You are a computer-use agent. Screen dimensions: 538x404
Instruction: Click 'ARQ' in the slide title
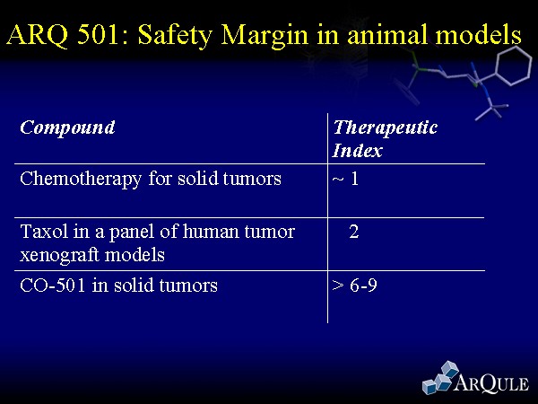point(37,35)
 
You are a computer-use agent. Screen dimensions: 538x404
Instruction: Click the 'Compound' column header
point(67,128)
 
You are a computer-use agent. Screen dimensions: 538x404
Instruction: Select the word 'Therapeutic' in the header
point(385,128)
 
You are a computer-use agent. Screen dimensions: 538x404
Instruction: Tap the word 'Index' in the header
point(357,151)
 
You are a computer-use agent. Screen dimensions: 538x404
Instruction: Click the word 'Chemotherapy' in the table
point(81,180)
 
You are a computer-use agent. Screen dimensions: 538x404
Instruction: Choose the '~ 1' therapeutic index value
point(345,179)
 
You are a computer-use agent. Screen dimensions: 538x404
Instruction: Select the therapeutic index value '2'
point(354,232)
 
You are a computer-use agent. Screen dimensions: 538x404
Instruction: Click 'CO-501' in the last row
point(53,285)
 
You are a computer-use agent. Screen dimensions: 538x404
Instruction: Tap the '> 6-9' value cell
point(354,285)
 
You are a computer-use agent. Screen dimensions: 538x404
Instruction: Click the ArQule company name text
point(491,382)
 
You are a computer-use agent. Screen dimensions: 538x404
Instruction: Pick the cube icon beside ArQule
point(440,377)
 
